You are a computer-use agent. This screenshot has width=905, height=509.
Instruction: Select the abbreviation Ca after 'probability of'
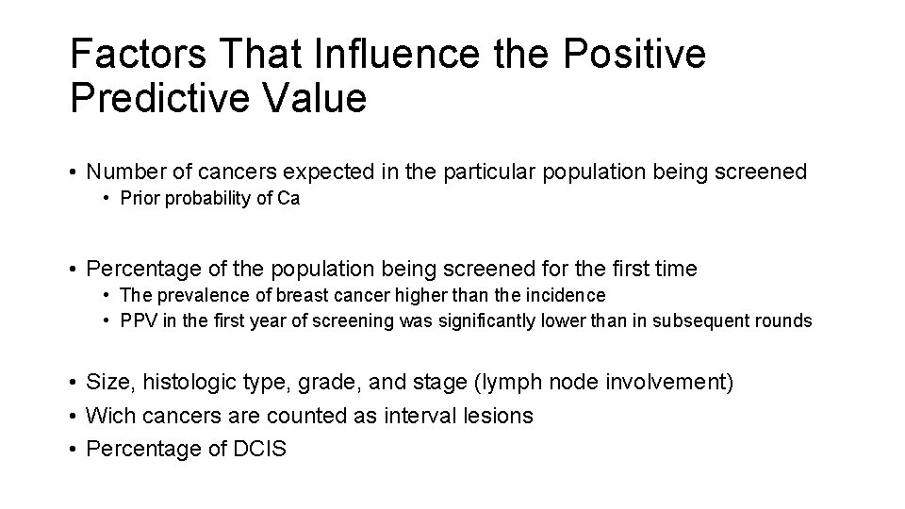tap(288, 200)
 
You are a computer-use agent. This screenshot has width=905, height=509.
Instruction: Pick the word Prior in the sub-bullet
tap(139, 200)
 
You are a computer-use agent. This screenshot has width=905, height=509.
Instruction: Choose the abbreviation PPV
tap(138, 320)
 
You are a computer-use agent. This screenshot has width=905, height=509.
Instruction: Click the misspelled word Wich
tap(108, 416)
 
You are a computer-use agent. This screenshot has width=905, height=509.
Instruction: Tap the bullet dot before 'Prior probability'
tap(108, 200)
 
